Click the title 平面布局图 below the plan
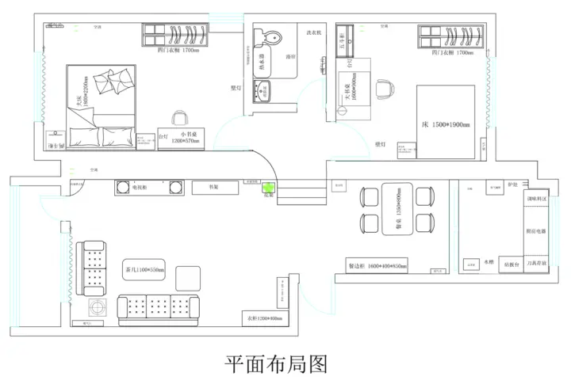click(x=276, y=363)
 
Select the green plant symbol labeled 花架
click(x=268, y=189)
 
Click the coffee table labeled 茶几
click(x=144, y=270)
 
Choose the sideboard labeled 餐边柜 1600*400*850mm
click(x=377, y=266)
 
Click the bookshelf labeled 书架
click(x=213, y=188)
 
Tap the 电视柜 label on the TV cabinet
click(x=139, y=188)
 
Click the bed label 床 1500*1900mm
click(x=446, y=125)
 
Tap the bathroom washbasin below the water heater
click(x=262, y=90)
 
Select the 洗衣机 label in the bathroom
click(x=313, y=33)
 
